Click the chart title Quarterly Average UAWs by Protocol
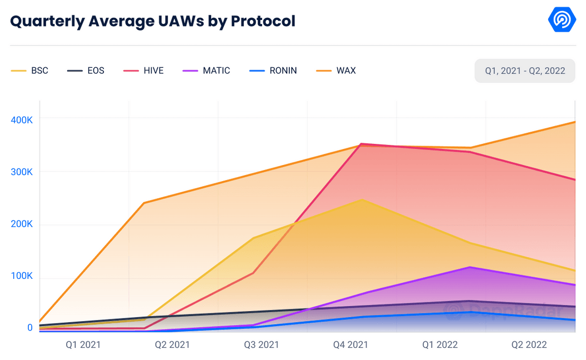click(153, 21)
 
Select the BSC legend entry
click(31, 71)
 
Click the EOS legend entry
click(86, 71)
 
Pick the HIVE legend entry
click(144, 71)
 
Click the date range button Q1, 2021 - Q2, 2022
click(524, 71)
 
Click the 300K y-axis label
click(22, 172)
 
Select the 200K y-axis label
click(22, 224)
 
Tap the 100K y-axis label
click(22, 276)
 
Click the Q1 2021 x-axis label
click(83, 344)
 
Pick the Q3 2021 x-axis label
click(262, 344)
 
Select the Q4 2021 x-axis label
click(350, 344)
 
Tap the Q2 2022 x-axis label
click(529, 344)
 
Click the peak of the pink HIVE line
click(362, 144)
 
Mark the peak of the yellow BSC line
click(362, 199)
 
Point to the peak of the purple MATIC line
click(470, 267)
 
